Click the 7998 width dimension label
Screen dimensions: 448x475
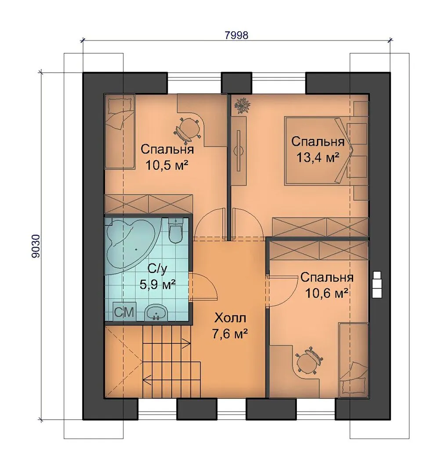click(237, 35)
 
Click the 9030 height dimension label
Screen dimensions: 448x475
click(36, 246)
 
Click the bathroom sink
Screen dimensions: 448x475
click(156, 312)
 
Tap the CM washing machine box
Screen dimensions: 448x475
click(124, 312)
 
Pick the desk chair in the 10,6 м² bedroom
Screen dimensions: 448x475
click(308, 361)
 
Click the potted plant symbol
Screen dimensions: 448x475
click(243, 106)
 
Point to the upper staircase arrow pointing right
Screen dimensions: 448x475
click(166, 343)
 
